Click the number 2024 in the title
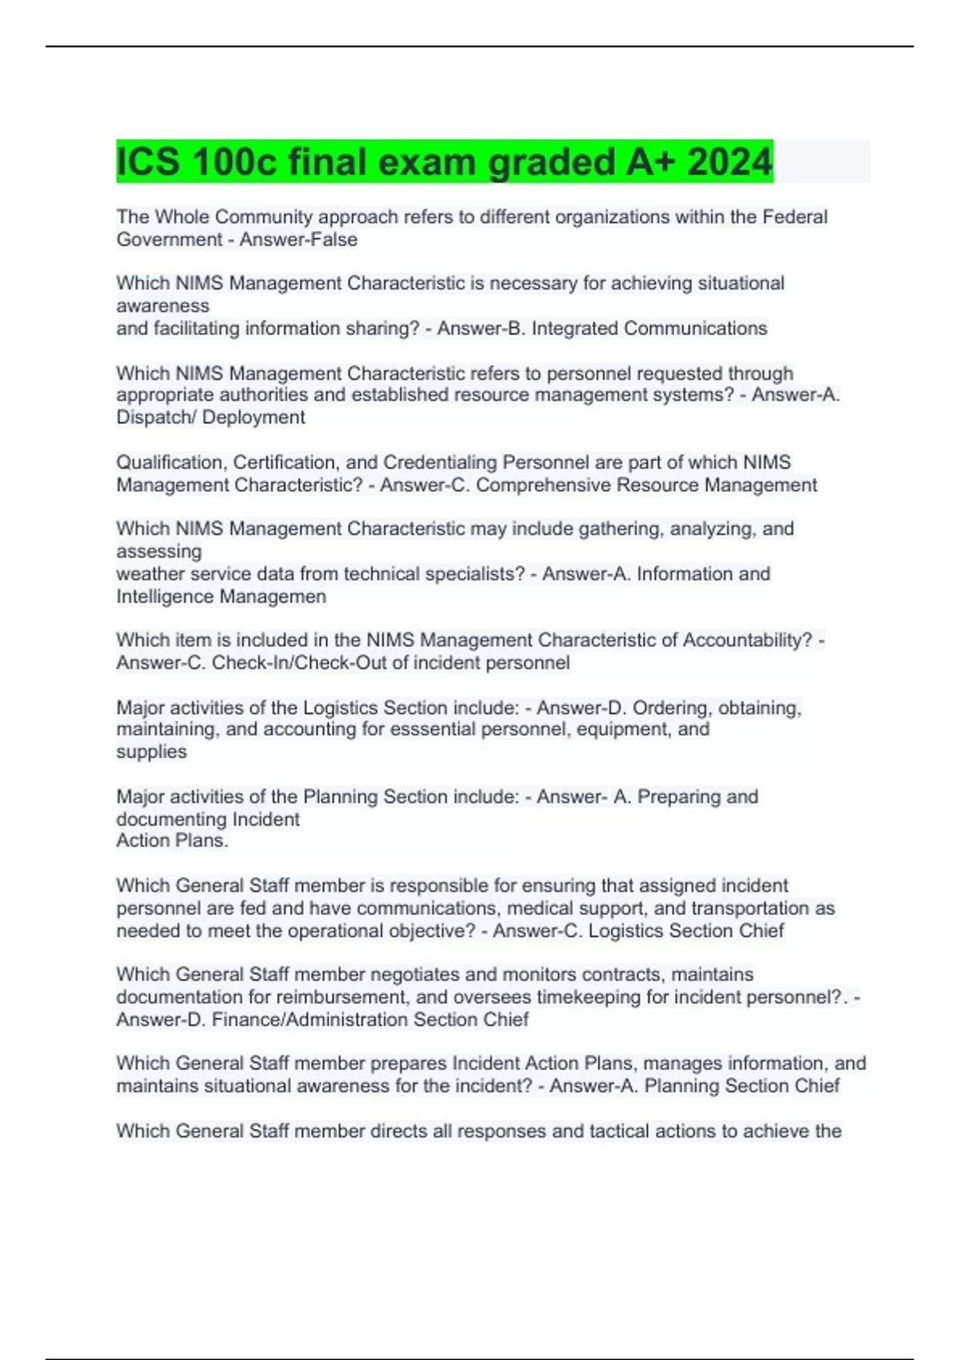pos(729,162)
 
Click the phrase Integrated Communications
pos(649,328)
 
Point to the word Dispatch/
pos(156,418)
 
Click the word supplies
pos(151,751)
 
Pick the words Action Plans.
pos(172,840)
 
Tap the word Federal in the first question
pos(794,217)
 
